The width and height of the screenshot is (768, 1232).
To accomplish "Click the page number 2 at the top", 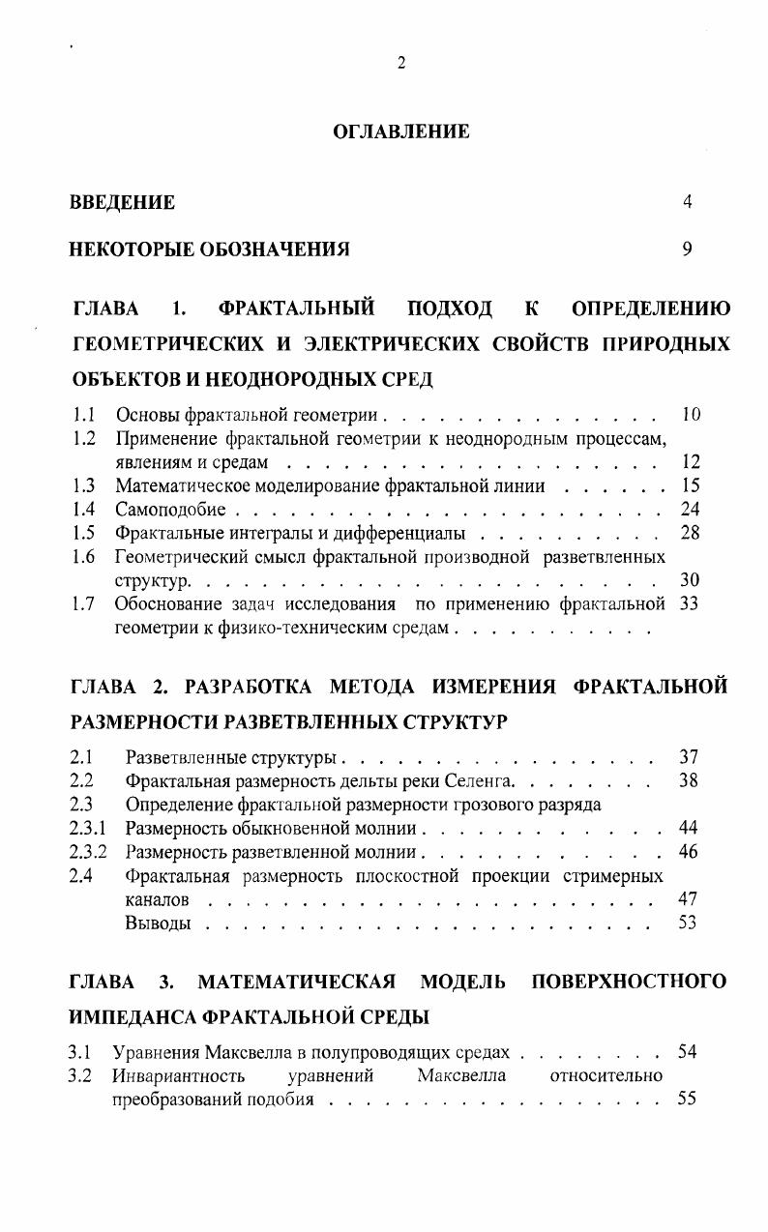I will [400, 64].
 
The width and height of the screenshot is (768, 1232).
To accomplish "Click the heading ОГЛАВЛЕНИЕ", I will [401, 132].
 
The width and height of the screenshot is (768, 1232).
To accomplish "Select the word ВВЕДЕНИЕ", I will [123, 202].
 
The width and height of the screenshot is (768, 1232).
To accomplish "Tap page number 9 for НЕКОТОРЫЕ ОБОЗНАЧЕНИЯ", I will [687, 249].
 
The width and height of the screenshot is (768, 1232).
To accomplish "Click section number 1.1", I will [83, 416].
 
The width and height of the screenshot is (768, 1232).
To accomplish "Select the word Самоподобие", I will [170, 510].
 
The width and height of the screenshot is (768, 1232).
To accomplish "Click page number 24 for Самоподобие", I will [690, 510].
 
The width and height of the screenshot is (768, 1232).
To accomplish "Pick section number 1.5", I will [83, 533].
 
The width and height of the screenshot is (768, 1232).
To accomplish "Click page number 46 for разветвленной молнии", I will [689, 852].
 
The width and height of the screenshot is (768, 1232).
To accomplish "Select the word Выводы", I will [158, 924].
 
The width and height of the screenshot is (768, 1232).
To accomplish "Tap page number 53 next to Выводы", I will [689, 924].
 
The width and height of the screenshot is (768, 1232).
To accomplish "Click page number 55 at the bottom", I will [688, 1100].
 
